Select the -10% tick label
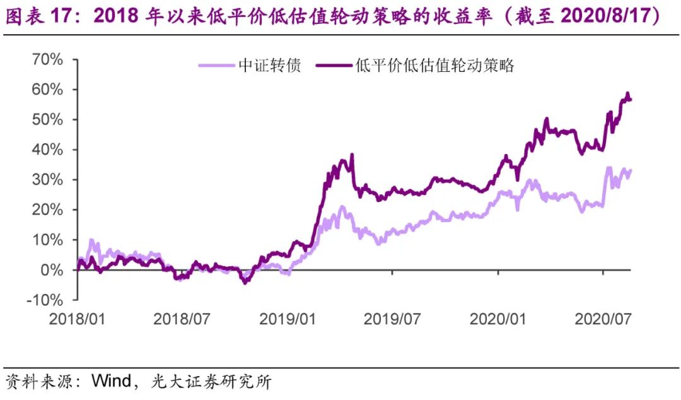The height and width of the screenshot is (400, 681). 44,300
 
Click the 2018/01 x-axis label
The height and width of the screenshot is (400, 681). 78,318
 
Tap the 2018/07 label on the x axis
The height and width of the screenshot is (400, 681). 182,318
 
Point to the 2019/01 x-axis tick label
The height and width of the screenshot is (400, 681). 288,318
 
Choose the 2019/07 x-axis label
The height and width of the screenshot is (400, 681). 393,318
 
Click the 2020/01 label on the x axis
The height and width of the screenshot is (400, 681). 498,318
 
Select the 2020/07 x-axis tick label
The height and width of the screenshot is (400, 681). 603,318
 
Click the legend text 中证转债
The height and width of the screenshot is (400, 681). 269,65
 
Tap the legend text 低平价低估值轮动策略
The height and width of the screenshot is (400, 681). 435,65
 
